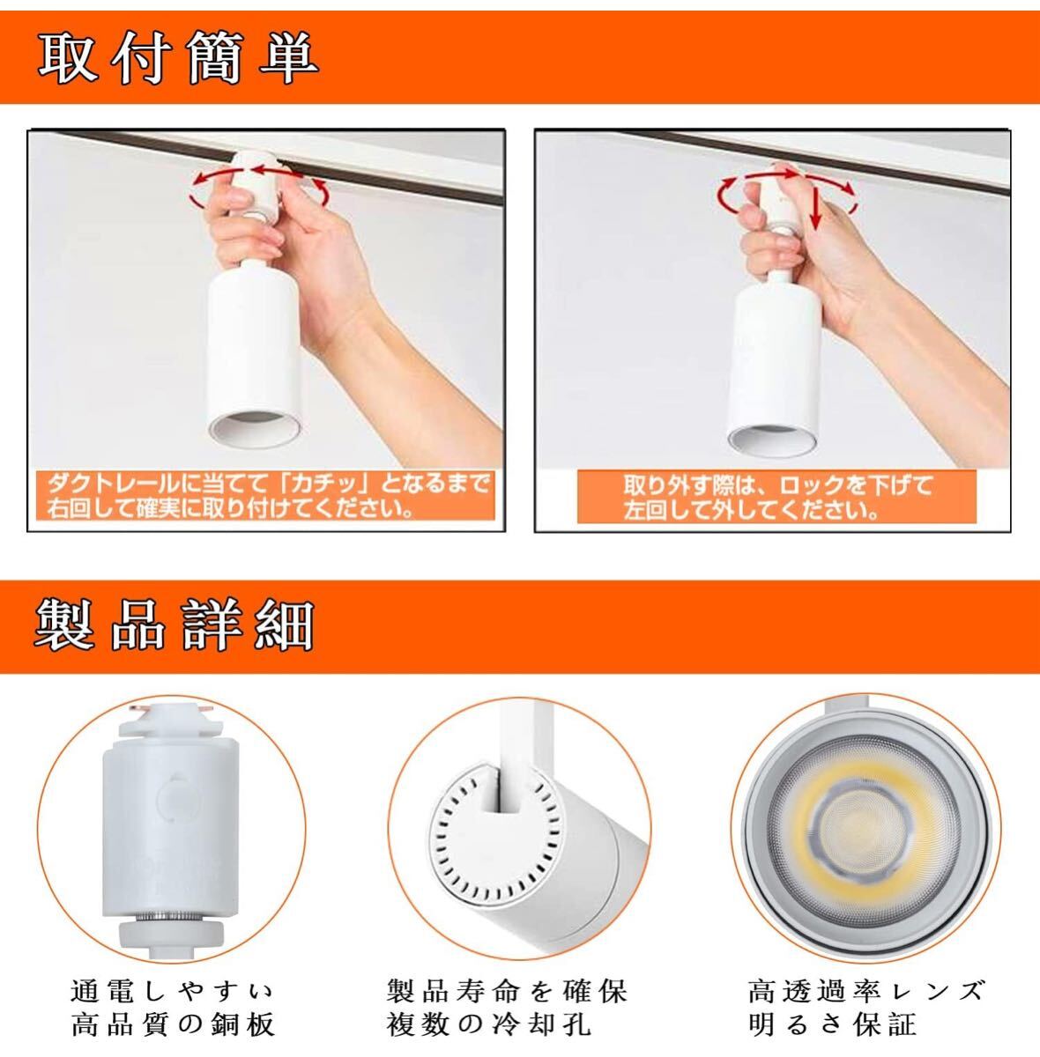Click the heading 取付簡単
pyautogui.click(x=178, y=57)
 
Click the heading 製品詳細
pyautogui.click(x=174, y=626)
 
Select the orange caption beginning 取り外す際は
pyautogui.click(x=776, y=498)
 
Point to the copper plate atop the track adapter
pyautogui.click(x=170, y=710)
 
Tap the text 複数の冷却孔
pyautogui.click(x=488, y=1024)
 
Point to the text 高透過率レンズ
pyautogui.click(x=866, y=991)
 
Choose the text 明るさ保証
pyautogui.click(x=832, y=1024)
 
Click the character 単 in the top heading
pyautogui.click(x=289, y=57)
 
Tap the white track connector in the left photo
pyautogui.click(x=256, y=184)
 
